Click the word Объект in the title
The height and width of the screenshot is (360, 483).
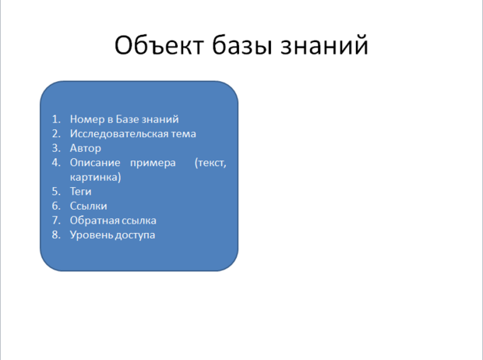click(x=159, y=45)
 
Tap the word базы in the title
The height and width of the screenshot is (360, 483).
click(x=242, y=45)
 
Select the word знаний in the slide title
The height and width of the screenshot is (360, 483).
click(x=324, y=45)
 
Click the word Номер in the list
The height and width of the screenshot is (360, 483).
click(x=87, y=119)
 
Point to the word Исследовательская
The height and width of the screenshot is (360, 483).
click(x=119, y=134)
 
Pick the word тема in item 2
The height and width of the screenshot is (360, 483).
click(x=184, y=134)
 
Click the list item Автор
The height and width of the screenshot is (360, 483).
click(x=86, y=148)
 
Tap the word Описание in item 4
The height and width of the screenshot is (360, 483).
click(x=95, y=163)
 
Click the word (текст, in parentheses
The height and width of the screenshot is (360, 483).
click(x=210, y=163)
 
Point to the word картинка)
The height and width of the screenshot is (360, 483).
click(x=96, y=177)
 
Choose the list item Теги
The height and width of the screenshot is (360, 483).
click(x=81, y=192)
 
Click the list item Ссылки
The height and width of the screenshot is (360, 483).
click(x=88, y=206)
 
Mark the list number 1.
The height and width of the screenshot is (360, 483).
click(x=56, y=119)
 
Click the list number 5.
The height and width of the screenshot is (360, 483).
click(x=56, y=192)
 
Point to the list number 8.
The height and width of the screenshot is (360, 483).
click(x=56, y=235)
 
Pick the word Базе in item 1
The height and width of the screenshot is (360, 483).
click(x=126, y=119)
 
